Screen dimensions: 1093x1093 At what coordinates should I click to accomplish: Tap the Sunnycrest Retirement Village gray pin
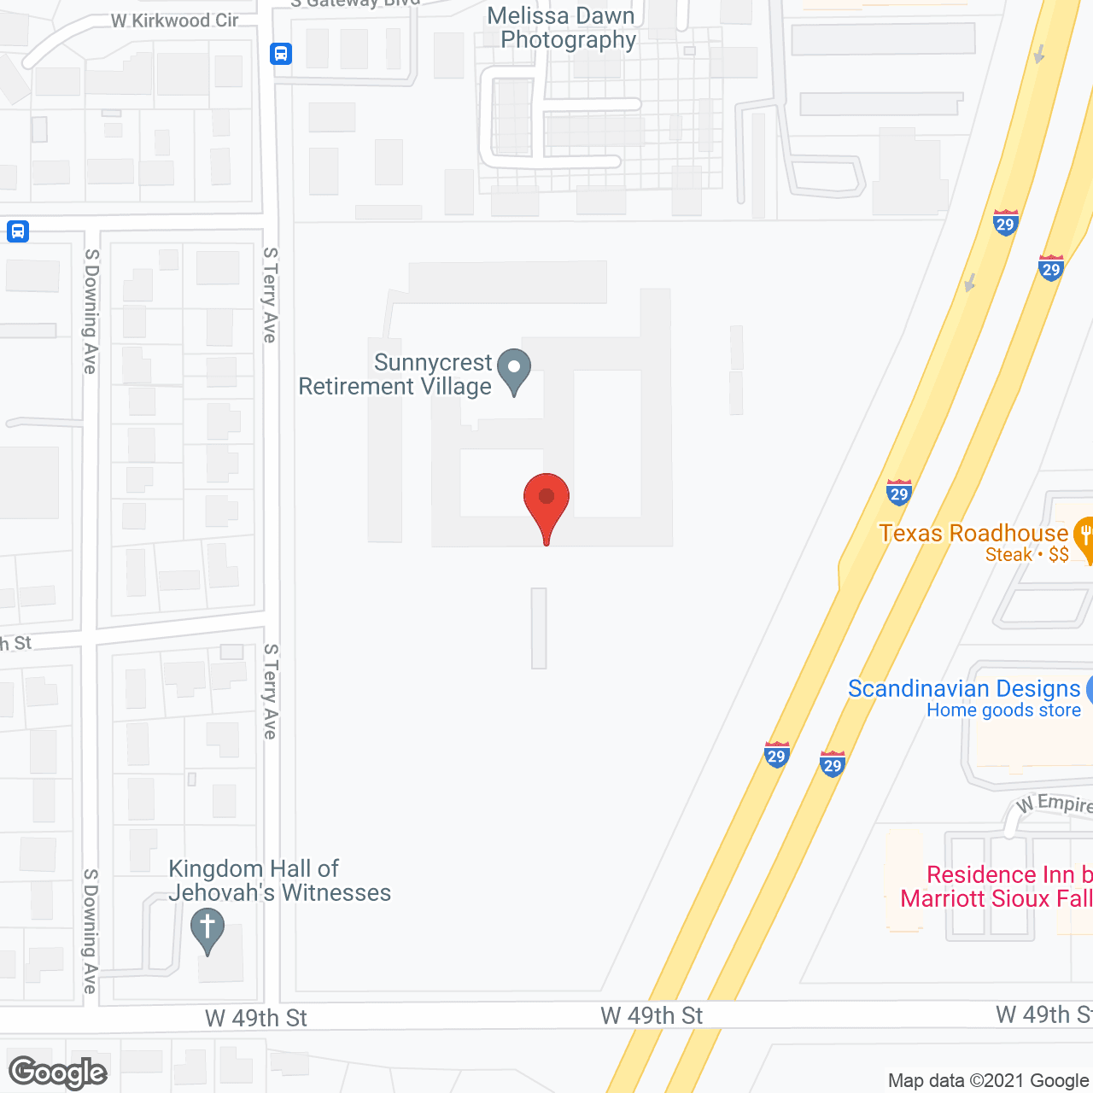tap(514, 371)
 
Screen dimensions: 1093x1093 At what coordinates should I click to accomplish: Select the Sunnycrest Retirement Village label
tap(395, 375)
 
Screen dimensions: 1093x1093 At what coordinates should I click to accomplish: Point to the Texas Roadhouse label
tap(973, 534)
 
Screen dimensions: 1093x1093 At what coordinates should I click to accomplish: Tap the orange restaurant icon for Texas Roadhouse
tap(1084, 537)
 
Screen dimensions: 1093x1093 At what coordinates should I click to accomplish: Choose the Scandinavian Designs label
tap(964, 689)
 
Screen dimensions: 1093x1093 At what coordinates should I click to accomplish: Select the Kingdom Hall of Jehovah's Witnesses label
tap(279, 880)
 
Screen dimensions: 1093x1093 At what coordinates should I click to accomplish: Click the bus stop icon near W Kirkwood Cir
tap(281, 54)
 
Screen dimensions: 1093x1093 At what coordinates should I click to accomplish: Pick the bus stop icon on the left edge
tap(18, 231)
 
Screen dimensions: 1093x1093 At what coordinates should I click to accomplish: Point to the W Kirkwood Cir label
tap(174, 20)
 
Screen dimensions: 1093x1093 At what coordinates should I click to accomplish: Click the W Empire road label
tap(1055, 804)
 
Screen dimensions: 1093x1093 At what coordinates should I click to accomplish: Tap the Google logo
tap(58, 1073)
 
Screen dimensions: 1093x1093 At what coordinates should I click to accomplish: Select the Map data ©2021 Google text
tap(989, 1080)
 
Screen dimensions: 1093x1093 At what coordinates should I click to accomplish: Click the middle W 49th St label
tap(652, 1015)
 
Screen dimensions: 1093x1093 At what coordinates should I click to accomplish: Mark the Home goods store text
tap(1003, 710)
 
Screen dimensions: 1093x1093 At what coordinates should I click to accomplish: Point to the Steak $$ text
tap(1026, 555)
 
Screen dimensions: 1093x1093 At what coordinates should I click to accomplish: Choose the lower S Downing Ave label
tap(91, 931)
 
